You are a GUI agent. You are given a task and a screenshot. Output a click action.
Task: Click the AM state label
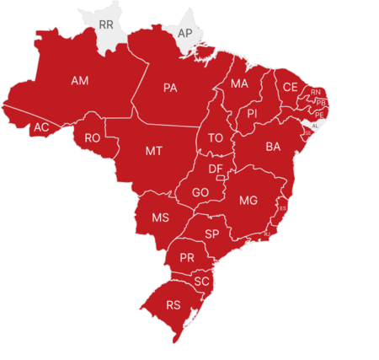80,81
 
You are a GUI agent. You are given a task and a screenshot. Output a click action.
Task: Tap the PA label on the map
170,88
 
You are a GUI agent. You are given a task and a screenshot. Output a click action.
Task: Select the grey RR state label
105,25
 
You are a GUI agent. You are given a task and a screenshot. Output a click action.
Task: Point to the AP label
184,33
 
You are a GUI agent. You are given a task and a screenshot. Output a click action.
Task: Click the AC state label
40,128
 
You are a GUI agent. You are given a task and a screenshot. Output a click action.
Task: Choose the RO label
93,137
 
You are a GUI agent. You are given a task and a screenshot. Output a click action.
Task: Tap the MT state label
153,152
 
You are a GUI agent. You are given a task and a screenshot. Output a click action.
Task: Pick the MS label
160,218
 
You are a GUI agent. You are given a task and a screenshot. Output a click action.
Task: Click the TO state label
216,138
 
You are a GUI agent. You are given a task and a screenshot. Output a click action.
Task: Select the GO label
200,192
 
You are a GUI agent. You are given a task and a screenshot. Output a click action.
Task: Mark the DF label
216,169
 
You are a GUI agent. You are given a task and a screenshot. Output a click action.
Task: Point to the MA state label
239,84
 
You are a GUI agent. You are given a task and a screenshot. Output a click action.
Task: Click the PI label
252,113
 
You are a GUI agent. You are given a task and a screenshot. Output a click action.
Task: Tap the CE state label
290,87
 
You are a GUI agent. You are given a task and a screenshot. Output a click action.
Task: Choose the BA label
273,147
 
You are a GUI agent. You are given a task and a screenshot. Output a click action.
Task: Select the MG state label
248,201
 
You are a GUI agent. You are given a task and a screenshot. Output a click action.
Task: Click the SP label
212,234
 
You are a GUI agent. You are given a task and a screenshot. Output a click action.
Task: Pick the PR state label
187,257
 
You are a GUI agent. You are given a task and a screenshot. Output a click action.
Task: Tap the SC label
200,281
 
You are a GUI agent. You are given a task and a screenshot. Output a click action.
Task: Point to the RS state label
173,304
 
